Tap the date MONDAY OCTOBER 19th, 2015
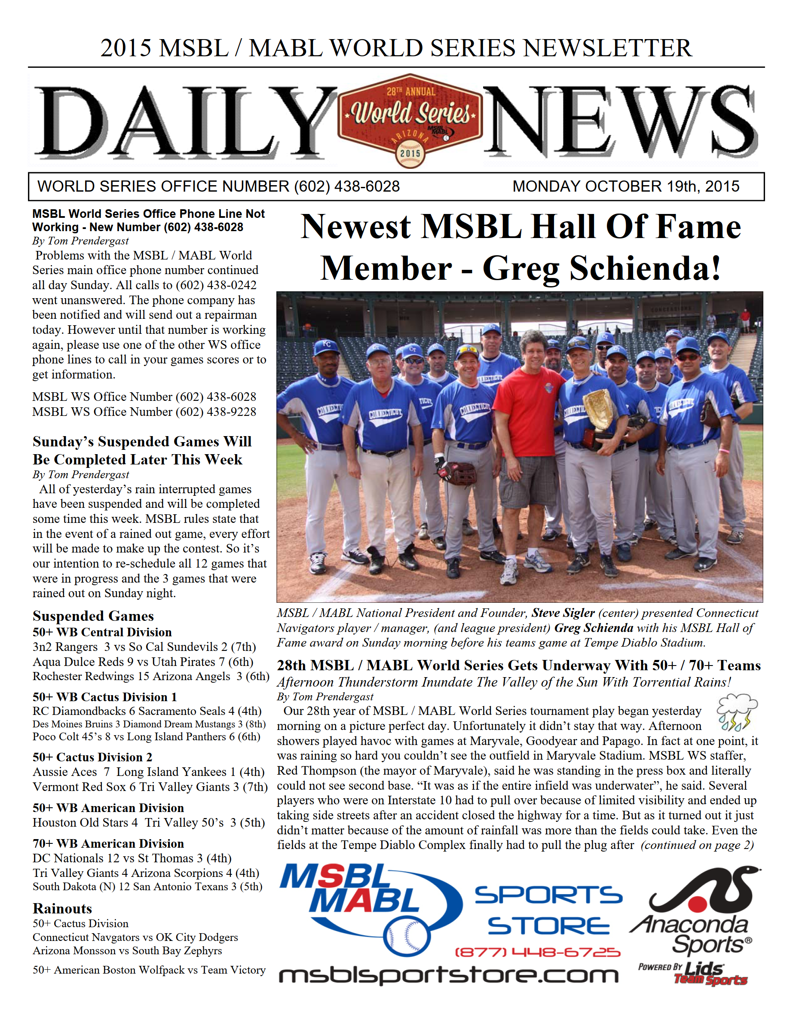tap(625, 186)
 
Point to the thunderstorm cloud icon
tap(736, 712)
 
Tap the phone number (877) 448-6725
tap(537, 952)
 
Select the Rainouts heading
tap(62, 908)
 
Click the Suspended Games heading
tap(93, 616)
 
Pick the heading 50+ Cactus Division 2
tap(92, 757)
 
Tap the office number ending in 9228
tap(144, 412)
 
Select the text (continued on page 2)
tap(697, 845)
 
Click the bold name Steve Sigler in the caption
tap(563, 613)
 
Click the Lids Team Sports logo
tap(703, 974)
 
